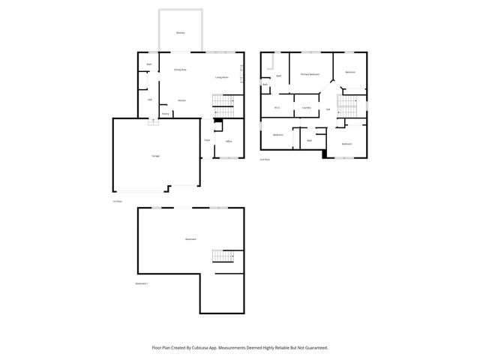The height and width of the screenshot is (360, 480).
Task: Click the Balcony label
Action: [180, 34]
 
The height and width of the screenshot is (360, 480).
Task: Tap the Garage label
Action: [155, 155]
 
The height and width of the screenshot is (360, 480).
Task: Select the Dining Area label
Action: [180, 70]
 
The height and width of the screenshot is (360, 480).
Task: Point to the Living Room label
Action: [222, 77]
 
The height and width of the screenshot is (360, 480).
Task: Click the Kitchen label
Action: [181, 100]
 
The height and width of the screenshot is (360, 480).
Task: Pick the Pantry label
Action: [165, 114]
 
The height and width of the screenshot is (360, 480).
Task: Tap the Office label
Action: [229, 141]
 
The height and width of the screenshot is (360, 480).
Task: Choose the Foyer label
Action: [207, 140]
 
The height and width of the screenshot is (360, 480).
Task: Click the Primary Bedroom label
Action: [310, 74]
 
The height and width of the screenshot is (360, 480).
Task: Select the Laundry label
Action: [306, 108]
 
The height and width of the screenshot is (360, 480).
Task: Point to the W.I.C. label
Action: [277, 108]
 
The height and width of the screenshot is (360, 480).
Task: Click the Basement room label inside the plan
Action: [190, 239]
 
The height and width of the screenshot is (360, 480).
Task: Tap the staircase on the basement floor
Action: [223, 256]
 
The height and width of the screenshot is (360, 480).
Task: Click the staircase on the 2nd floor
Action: [347, 105]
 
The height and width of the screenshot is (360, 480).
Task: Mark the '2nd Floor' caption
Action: [264, 160]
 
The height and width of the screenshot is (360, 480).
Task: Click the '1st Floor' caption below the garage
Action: [116, 201]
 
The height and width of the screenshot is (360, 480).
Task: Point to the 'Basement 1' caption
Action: [142, 283]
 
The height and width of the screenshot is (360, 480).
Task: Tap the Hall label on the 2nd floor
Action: [328, 110]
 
